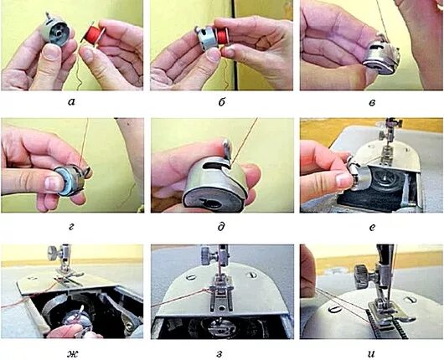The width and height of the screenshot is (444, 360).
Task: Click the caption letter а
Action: tap(72, 102)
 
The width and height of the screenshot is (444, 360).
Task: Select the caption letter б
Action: tap(222, 101)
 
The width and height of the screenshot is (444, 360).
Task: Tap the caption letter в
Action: tap(372, 102)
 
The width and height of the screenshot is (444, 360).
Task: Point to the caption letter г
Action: tap(71, 227)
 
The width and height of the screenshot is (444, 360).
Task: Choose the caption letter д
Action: tap(221, 227)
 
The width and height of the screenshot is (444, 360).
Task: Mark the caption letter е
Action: tap(373, 227)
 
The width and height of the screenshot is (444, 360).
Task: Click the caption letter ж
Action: tap(73, 353)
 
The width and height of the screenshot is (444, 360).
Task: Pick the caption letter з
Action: tap(220, 353)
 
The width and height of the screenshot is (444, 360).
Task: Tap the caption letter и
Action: tap(372, 353)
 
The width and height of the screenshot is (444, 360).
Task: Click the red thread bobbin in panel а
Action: tap(93, 33)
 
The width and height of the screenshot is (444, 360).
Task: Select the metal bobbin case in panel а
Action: tap(55, 29)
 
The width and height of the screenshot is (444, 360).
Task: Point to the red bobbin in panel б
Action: tap(222, 35)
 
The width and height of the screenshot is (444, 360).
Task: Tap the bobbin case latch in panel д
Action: tap(227, 147)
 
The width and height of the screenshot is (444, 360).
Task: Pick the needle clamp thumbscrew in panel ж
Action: tap(54, 251)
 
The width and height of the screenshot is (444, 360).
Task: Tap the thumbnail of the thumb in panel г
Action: tap(52, 183)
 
